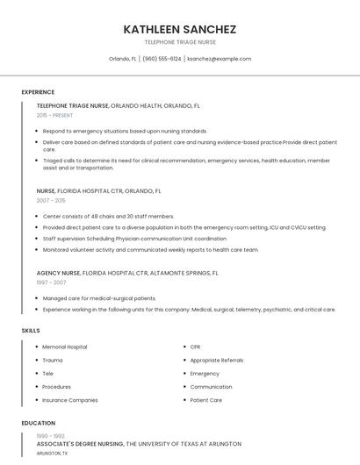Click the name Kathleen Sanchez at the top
[x=180, y=29]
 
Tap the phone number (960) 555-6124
[x=162, y=59]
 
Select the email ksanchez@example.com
[x=220, y=59]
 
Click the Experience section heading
[x=38, y=92]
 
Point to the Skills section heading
[x=31, y=331]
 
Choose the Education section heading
[x=38, y=423]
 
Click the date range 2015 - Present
[x=54, y=115]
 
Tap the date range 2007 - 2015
[x=51, y=200]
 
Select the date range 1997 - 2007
[x=51, y=283]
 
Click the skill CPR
[x=196, y=347]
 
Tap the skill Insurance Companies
[x=70, y=400]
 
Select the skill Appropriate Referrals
[x=217, y=361]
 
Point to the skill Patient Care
[x=206, y=400]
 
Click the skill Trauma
[x=53, y=361]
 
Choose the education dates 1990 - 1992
[x=51, y=436]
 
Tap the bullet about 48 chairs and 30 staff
[x=108, y=216]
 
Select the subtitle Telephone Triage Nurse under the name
[x=180, y=42]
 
